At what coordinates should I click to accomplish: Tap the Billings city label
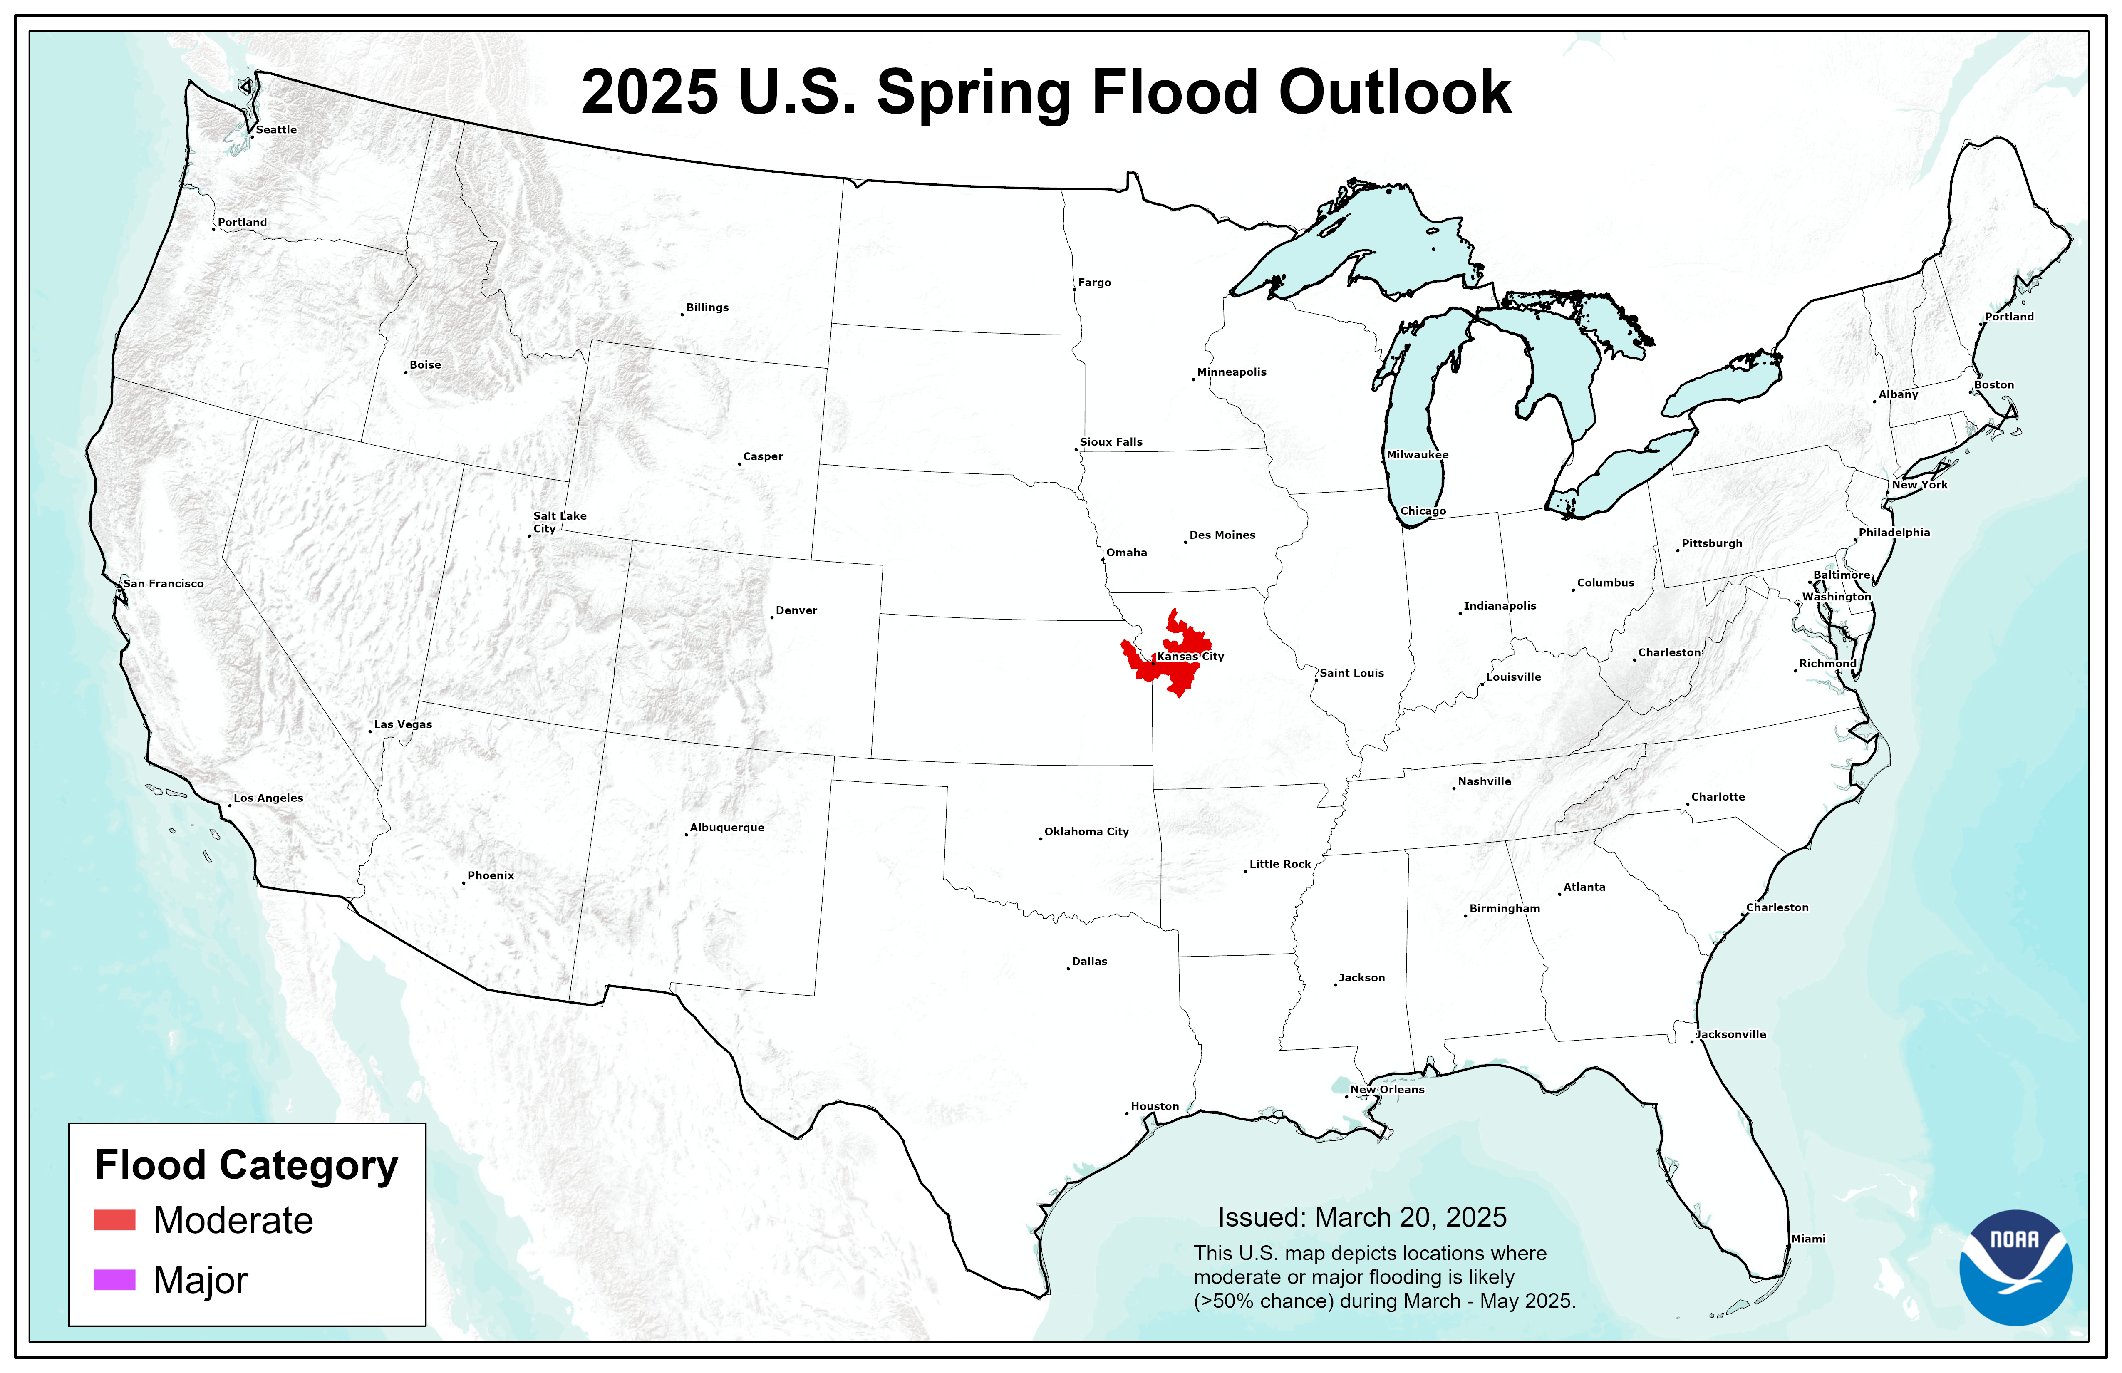coord(707,307)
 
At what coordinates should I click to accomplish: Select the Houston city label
coord(1155,1106)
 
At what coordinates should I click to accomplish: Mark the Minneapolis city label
coord(1231,372)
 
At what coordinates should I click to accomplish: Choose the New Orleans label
coord(1387,1090)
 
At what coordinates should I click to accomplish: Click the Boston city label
coord(1993,385)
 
